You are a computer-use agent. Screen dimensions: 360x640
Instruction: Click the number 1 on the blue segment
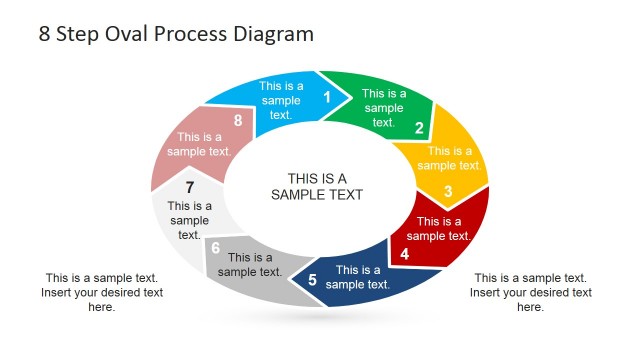(x=326, y=97)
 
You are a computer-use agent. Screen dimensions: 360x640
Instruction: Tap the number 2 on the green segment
(x=420, y=127)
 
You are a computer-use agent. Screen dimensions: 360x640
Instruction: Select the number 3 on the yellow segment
(x=448, y=191)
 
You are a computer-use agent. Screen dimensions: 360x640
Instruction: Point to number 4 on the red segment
(x=404, y=254)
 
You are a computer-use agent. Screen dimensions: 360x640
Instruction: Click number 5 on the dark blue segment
(x=312, y=280)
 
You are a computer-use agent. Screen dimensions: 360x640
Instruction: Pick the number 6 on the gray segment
(x=215, y=248)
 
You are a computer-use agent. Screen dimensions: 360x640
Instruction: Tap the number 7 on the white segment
(x=189, y=187)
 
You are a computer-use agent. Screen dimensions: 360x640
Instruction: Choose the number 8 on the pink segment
(x=238, y=121)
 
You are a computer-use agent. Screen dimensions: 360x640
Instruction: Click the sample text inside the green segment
(x=384, y=108)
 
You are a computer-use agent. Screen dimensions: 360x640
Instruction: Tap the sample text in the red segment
(x=438, y=228)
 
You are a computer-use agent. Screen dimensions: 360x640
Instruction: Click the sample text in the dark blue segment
(x=358, y=277)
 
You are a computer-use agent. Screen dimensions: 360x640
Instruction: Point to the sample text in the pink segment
(x=199, y=144)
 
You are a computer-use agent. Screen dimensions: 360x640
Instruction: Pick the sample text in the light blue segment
(x=281, y=100)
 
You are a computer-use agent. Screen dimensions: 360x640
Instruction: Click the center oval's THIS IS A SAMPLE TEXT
(x=317, y=187)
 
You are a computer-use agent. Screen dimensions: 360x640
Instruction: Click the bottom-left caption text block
(x=102, y=292)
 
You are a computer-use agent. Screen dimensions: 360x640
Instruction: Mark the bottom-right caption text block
(x=531, y=292)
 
